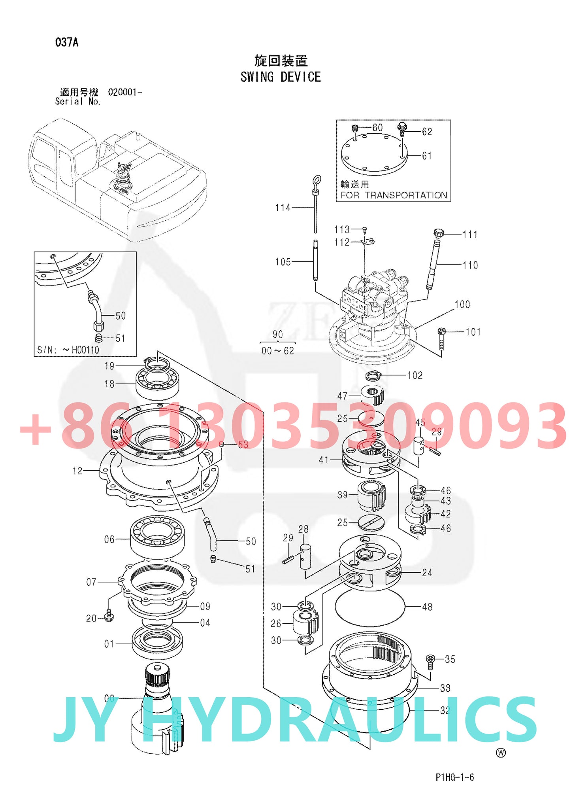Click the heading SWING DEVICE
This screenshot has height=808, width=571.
tap(281, 77)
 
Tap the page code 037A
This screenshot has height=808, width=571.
tap(67, 42)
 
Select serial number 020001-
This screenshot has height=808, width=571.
tap(125, 92)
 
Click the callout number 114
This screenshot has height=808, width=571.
tap(283, 208)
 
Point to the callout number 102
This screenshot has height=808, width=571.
tap(415, 375)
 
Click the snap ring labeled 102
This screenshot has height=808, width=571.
tap(373, 375)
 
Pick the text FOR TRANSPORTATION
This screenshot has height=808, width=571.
tap(394, 195)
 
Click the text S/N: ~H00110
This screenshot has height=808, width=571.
tap(68, 350)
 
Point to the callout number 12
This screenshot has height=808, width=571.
tap(77, 471)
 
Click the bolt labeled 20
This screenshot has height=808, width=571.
tap(109, 616)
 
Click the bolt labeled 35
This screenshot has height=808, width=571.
tap(430, 660)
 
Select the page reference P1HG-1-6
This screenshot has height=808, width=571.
tap(454, 777)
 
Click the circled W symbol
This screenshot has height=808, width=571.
tap(501, 753)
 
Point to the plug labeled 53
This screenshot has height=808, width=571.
tap(222, 444)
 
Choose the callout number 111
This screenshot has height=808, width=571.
tap(470, 235)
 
